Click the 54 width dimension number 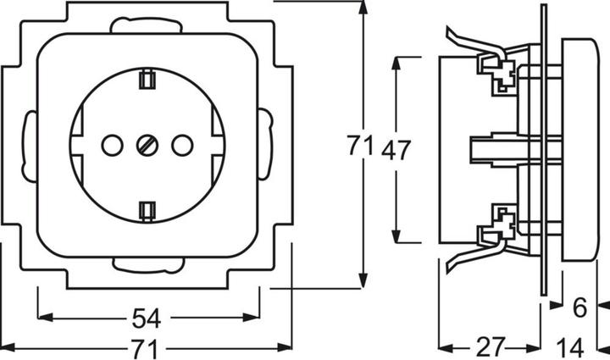coord(147,318)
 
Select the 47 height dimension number coord(396,150)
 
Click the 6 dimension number coord(579,309)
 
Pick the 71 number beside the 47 coord(360,147)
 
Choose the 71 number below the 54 coord(147,347)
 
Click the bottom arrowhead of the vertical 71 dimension coord(363,283)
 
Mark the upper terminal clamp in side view coord(497,71)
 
